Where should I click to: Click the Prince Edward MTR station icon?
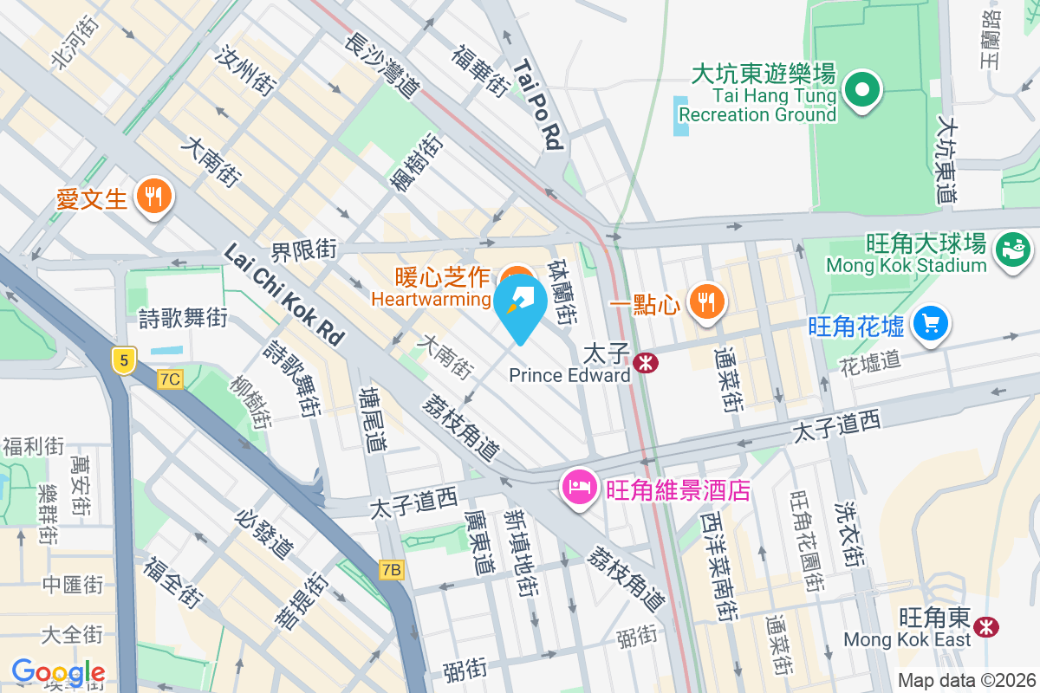pyautogui.click(x=645, y=362)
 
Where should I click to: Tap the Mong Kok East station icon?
pyautogui.click(x=985, y=626)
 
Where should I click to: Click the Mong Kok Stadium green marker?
pyautogui.click(x=1012, y=250)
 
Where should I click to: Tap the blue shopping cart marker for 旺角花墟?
pyautogui.click(x=931, y=323)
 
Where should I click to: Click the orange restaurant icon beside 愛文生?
pyautogui.click(x=154, y=197)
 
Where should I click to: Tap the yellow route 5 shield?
pyautogui.click(x=125, y=359)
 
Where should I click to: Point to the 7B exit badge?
pyautogui.click(x=392, y=569)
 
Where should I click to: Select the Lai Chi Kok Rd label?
pyautogui.click(x=283, y=294)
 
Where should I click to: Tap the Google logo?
pyautogui.click(x=58, y=672)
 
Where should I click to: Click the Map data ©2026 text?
pyautogui.click(x=965, y=681)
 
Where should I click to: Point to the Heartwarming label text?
pyautogui.click(x=430, y=299)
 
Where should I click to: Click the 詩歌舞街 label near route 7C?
pyautogui.click(x=183, y=318)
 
